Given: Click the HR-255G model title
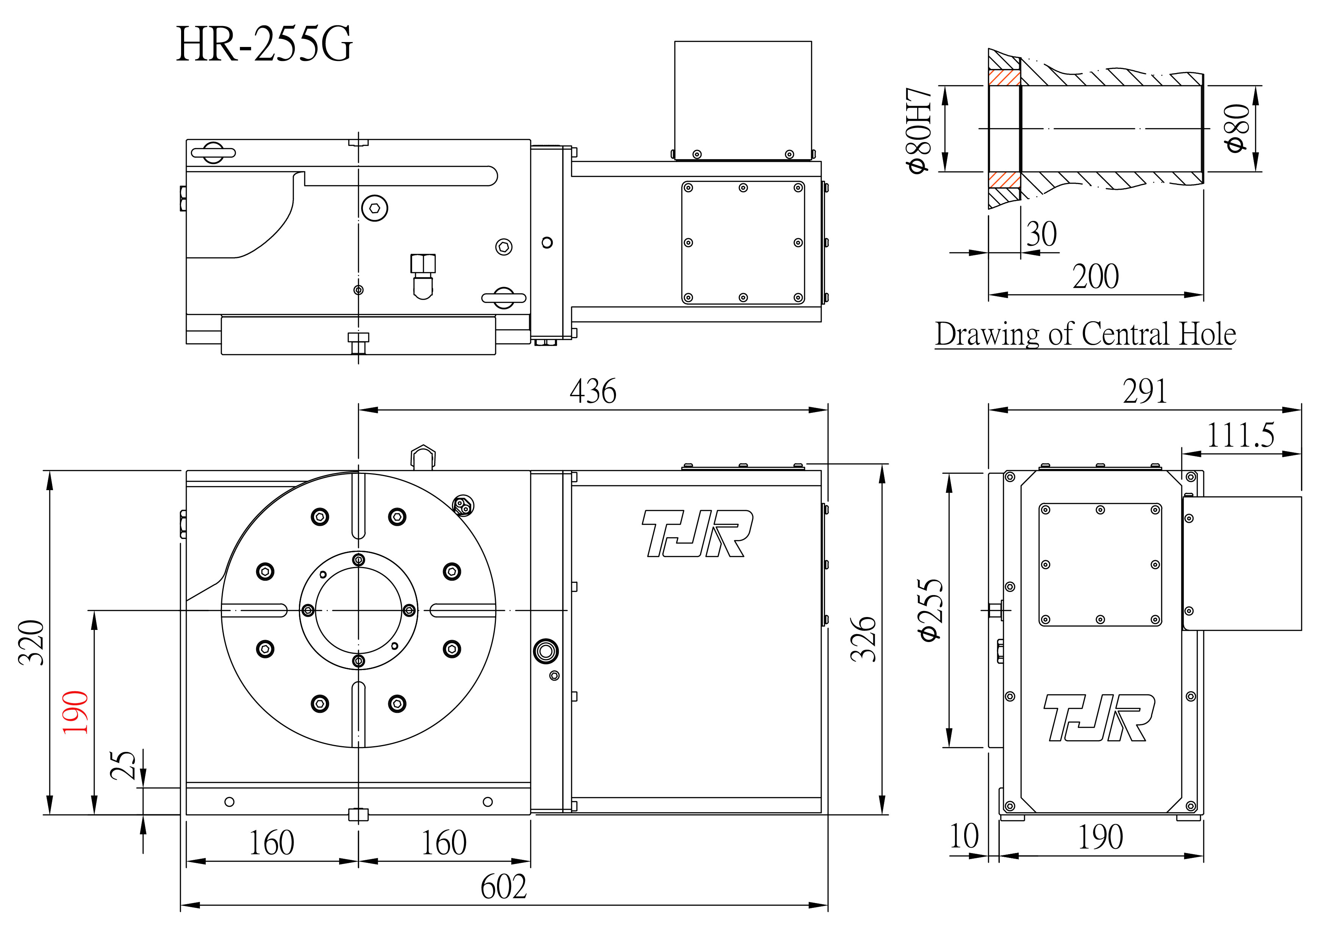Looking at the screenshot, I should pos(264,45).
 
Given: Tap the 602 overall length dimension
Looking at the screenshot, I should pos(503,887).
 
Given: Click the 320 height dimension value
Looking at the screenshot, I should pos(32,642).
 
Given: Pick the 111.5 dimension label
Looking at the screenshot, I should pos(1240,435).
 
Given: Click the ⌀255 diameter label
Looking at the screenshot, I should pos(931,610).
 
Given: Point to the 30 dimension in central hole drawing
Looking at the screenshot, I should pos(1041,234).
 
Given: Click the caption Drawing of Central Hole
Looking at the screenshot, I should pos(1085,334).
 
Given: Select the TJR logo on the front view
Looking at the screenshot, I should pos(697,533).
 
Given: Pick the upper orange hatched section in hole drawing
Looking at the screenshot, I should pos(1004,78).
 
